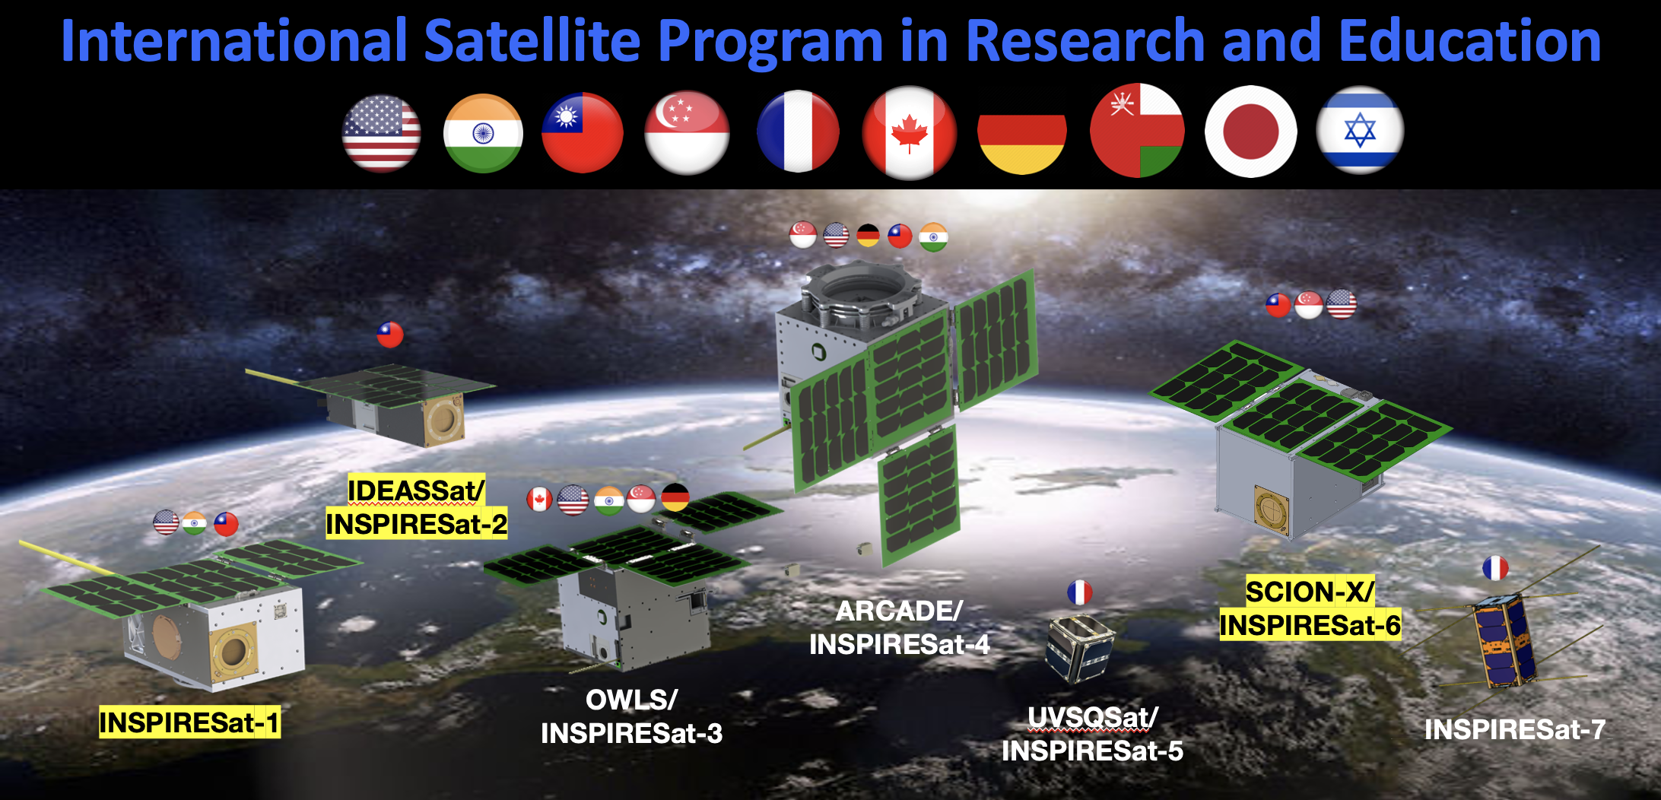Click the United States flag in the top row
[x=381, y=134]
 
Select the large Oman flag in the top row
[x=1137, y=130]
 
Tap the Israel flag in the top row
[x=1360, y=131]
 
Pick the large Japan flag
[x=1250, y=132]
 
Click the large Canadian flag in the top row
[x=909, y=132]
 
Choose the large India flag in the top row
[x=483, y=133]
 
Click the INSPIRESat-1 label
[x=189, y=722]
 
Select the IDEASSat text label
[x=416, y=490]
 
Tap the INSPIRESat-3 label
[x=631, y=733]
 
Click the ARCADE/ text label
[x=899, y=611]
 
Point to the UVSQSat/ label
[x=1092, y=717]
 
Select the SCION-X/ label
[x=1310, y=591]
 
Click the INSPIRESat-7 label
[x=1514, y=729]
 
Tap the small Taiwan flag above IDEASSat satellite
[x=390, y=335]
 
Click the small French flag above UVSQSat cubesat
[x=1079, y=592]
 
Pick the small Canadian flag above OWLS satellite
[x=539, y=500]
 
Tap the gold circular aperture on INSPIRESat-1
[x=233, y=651]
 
